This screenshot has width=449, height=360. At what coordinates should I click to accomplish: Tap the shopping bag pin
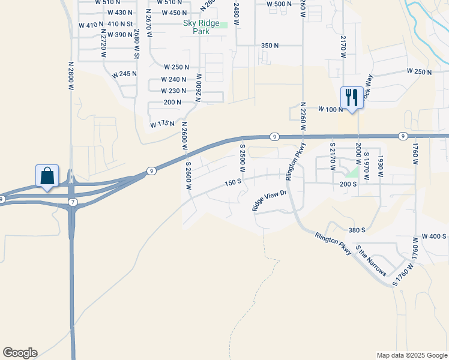(x=47, y=176)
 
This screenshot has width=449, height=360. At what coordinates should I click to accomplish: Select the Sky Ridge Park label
(x=200, y=28)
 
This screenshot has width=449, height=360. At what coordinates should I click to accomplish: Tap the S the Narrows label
(x=371, y=260)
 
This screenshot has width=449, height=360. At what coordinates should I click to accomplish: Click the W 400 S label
(x=434, y=236)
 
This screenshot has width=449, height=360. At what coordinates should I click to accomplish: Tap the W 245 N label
(x=124, y=74)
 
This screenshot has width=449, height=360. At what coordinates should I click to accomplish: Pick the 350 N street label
(x=270, y=46)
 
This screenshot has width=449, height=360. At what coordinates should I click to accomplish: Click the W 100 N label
(x=331, y=109)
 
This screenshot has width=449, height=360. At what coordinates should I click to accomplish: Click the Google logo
(x=20, y=353)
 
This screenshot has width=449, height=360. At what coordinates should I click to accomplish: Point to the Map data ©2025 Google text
(x=412, y=355)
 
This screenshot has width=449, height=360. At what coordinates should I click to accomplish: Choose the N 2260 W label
(x=303, y=116)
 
